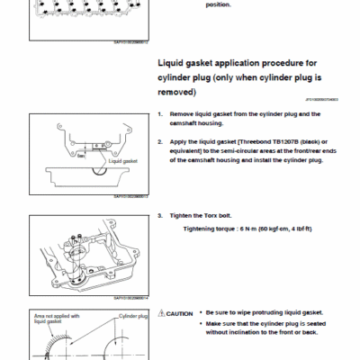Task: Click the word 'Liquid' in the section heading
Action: tap(174, 65)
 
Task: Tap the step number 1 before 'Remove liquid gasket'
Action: tap(159, 114)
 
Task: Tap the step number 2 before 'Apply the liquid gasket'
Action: tap(159, 141)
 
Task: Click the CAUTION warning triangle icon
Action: tap(160, 312)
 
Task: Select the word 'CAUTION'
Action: tap(178, 312)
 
